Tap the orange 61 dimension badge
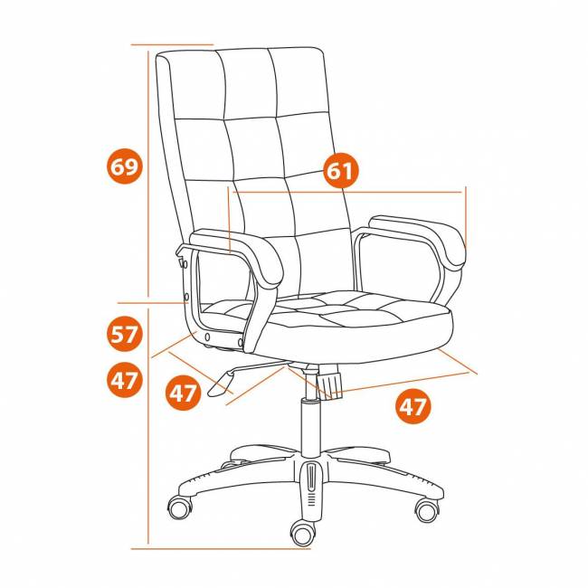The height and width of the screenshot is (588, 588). click(340, 170)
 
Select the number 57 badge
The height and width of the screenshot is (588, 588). click(125, 334)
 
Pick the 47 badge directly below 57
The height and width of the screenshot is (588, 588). click(125, 380)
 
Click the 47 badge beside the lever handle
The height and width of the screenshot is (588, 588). click(183, 393)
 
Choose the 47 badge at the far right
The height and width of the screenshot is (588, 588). click(413, 406)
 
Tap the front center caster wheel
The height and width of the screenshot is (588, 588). click(303, 533)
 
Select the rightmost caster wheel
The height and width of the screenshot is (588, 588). click(427, 509)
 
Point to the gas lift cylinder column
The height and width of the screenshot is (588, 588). click(311, 428)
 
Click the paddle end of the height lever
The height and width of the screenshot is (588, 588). click(221, 384)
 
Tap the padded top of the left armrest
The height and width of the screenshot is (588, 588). click(237, 253)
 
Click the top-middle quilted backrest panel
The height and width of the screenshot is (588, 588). click(248, 83)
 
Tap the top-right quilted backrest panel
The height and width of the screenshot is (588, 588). click(299, 81)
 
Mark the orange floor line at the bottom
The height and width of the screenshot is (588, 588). click(221, 548)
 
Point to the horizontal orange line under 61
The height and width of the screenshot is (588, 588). click(347, 192)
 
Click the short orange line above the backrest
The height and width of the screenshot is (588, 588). click(172, 44)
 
